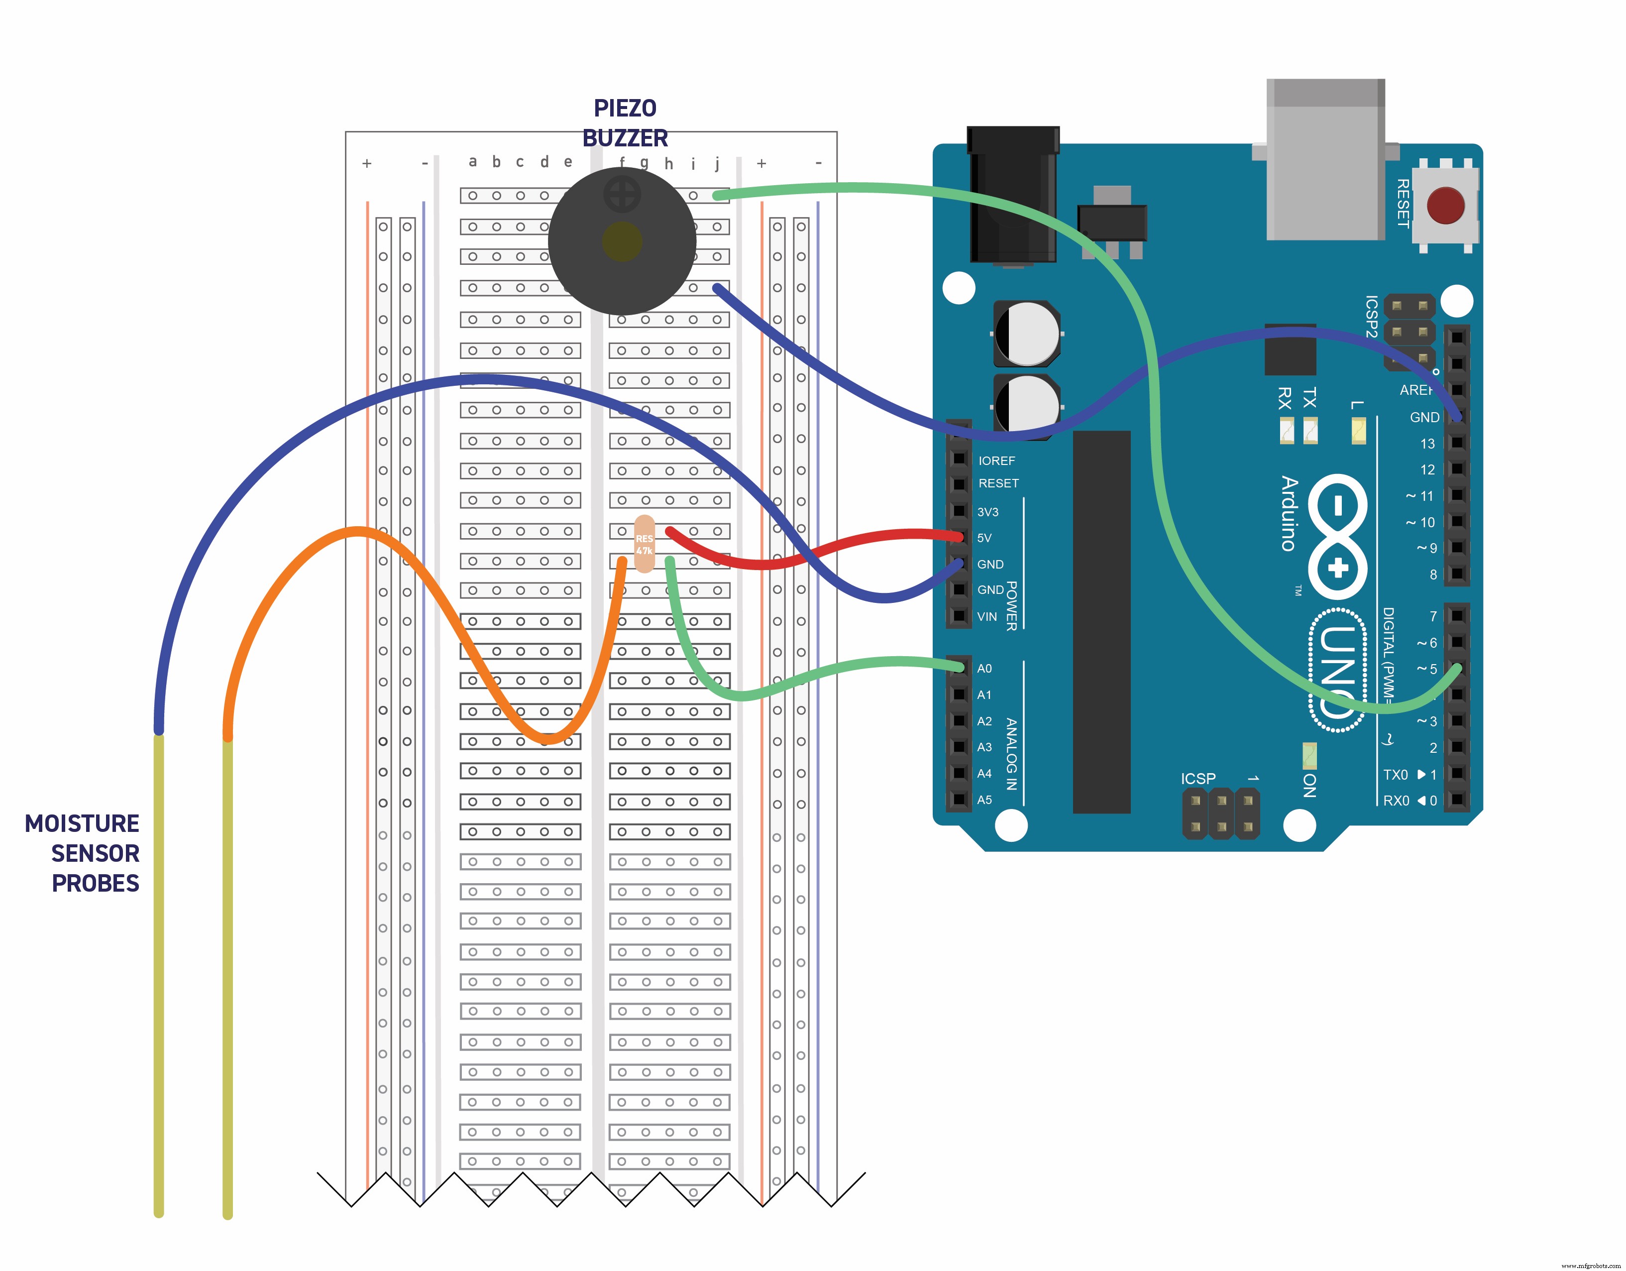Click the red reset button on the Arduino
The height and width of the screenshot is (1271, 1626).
[x=1445, y=206]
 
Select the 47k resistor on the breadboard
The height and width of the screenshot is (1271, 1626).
[x=644, y=544]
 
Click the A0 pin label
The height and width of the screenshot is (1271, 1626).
[x=984, y=669]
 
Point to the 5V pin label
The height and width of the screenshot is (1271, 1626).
[x=984, y=538]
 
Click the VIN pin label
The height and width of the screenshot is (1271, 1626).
[x=986, y=616]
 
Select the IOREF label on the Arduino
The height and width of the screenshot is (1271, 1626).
[x=996, y=461]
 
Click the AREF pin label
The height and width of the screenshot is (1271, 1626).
[x=1415, y=390]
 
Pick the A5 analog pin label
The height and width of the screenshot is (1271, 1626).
[x=984, y=800]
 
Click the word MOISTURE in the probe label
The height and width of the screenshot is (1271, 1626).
[x=82, y=823]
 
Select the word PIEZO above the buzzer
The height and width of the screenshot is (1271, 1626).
[x=625, y=109]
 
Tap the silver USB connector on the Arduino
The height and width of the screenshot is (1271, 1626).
[x=1325, y=160]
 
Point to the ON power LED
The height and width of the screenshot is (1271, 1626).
[x=1309, y=755]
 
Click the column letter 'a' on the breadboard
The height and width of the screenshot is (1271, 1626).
[x=473, y=162]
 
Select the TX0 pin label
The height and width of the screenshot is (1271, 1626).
[x=1395, y=774]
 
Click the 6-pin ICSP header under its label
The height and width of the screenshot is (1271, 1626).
[x=1221, y=814]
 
